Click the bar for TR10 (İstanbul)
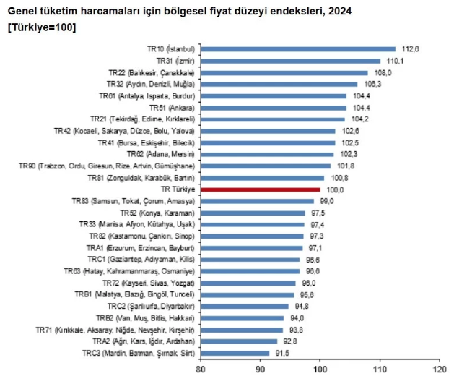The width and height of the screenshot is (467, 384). pos(297,48)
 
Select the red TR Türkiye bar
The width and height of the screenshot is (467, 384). pos(259,189)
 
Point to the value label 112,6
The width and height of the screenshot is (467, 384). pos(410,48)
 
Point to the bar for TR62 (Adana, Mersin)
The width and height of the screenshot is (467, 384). pos(266,154)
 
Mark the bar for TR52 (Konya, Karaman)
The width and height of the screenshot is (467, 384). pos(252,213)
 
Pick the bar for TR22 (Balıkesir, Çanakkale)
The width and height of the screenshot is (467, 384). pos(284,72)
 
